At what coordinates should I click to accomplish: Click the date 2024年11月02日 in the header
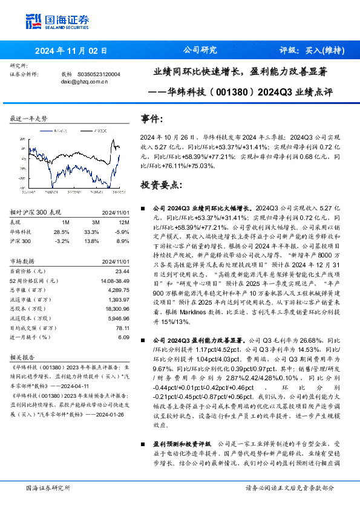coord(71,51)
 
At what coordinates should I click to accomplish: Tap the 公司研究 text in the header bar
coord(200,50)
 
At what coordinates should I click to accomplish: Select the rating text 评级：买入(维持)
coord(312,51)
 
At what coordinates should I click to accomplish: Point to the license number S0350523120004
coord(99,74)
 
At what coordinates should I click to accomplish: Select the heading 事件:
coord(152,119)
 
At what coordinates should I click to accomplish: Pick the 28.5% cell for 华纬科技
coord(62,232)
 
